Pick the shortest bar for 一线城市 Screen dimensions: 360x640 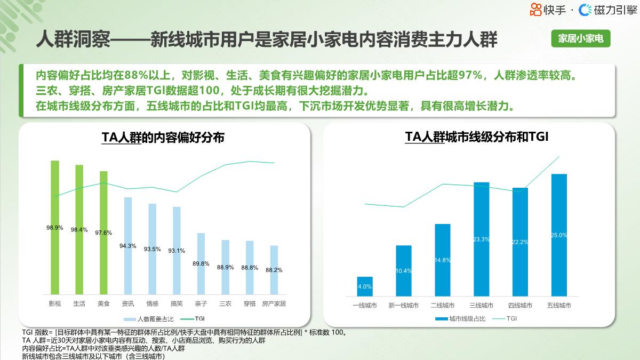[365, 286]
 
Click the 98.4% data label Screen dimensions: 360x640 [79, 230]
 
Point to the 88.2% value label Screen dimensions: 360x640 [274, 270]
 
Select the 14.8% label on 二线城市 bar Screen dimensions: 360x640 [443, 260]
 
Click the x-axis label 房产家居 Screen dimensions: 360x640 [274, 303]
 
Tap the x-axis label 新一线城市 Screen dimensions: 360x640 [404, 306]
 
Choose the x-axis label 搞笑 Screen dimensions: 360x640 [176, 303]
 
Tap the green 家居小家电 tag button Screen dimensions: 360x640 [580, 39]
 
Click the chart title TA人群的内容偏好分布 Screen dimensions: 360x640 [163, 138]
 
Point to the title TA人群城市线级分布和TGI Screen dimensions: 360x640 [477, 137]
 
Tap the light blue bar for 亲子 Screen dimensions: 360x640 [201, 263]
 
